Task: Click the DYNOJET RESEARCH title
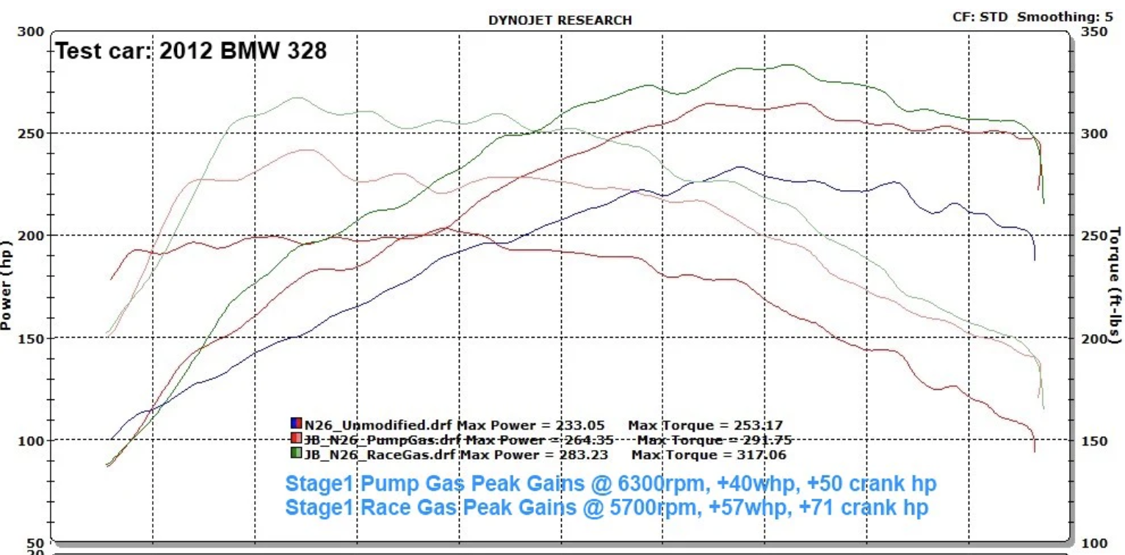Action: [x=560, y=21]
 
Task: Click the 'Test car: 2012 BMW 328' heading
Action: [x=192, y=51]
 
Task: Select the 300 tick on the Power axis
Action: [x=33, y=32]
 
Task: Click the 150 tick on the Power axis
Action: [x=33, y=338]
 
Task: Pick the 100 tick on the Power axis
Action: [x=33, y=440]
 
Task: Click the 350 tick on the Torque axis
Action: [x=1095, y=32]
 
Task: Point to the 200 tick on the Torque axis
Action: [x=1095, y=338]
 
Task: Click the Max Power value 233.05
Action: [x=593, y=424]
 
